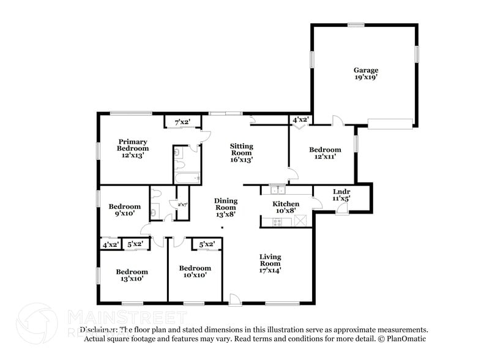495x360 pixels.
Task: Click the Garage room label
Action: [x=366, y=74]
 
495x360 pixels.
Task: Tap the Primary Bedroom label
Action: [x=133, y=149]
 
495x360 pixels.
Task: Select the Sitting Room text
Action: [x=242, y=152]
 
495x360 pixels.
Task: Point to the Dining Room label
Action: [x=225, y=208]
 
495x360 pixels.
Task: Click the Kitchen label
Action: [x=286, y=207]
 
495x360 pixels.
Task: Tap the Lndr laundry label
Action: [x=341, y=195]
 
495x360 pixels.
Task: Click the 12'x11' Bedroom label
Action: [x=325, y=153]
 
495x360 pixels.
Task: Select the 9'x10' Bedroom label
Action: [x=125, y=210]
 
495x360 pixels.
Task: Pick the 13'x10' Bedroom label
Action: [x=132, y=275]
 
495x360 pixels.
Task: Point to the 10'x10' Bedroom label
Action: [x=195, y=271]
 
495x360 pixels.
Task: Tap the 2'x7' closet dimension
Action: [x=182, y=204]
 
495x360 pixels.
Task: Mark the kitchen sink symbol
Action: [x=277, y=189]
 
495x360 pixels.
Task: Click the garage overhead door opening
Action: [x=390, y=124]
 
